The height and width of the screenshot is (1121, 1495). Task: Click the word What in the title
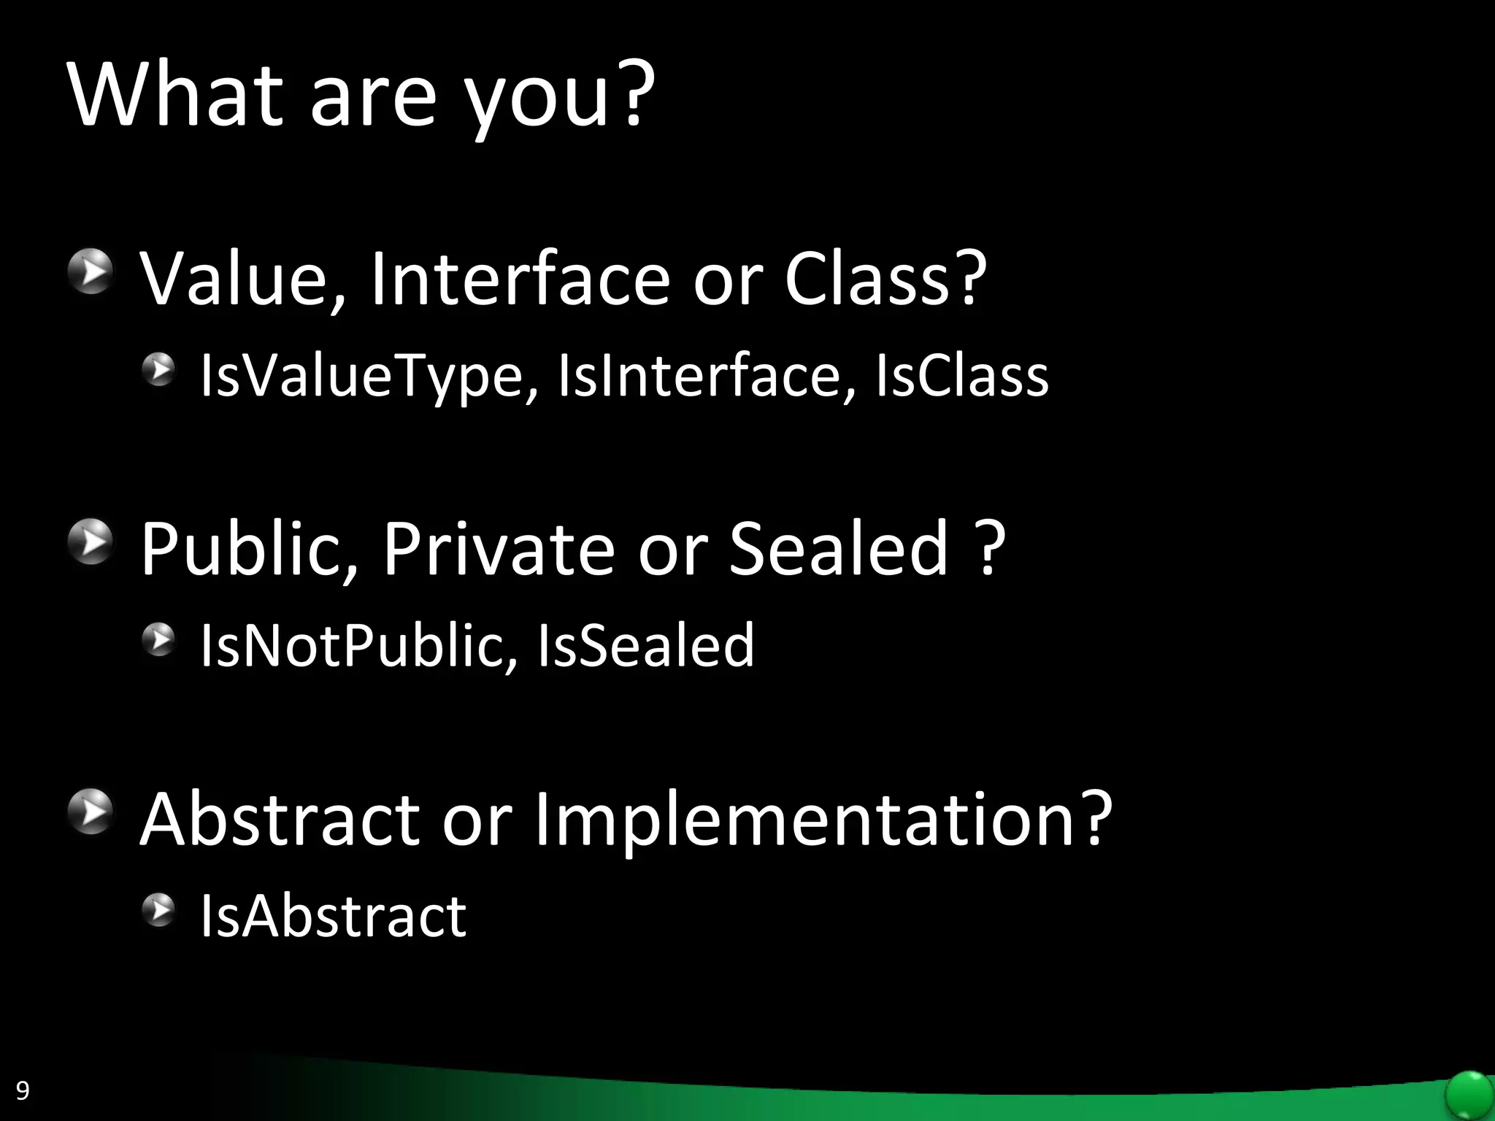coord(175,95)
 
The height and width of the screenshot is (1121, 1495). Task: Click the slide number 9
coord(23,1090)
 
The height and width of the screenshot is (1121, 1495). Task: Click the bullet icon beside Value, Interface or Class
coord(91,271)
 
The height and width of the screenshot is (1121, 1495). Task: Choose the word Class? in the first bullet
coord(885,279)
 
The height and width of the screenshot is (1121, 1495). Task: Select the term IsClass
coord(961,376)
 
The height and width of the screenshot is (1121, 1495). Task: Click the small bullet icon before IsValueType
coord(158,370)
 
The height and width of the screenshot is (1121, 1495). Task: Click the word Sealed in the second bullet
coord(839,549)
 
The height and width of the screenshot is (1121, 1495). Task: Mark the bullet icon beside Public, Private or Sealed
coord(91,542)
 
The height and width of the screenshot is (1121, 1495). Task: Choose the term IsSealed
coord(645,646)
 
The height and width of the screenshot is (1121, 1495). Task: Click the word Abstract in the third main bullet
coord(280,819)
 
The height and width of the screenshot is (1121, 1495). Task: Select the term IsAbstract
coord(333,916)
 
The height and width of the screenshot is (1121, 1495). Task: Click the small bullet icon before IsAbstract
coord(158,909)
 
